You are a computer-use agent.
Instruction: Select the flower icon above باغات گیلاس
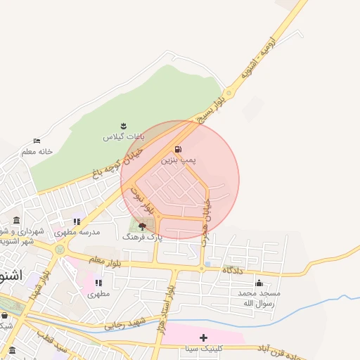pyautogui.click(x=124, y=124)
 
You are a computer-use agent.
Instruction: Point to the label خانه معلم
pyautogui.click(x=37, y=151)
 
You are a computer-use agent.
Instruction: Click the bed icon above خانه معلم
pyautogui.click(x=37, y=141)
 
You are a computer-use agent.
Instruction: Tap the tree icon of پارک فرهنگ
pyautogui.click(x=143, y=226)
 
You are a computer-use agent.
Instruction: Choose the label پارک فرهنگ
pyautogui.click(x=142, y=238)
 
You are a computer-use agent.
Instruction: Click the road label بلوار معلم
pyautogui.click(x=105, y=261)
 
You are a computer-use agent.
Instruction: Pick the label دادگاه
pyautogui.click(x=232, y=269)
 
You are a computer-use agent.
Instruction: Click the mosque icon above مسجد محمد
pyautogui.click(x=258, y=283)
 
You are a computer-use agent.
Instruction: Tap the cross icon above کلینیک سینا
pyautogui.click(x=204, y=338)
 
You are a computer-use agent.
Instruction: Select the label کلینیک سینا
pyautogui.click(x=204, y=349)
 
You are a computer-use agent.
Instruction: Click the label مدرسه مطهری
pyautogui.click(x=78, y=232)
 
